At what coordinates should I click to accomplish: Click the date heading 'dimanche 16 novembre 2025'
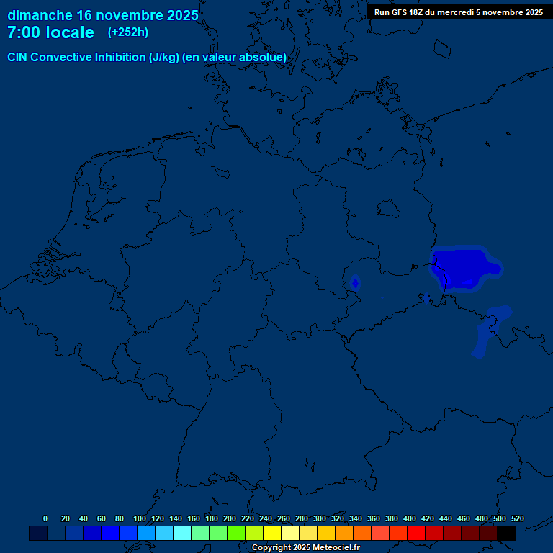tap(103, 15)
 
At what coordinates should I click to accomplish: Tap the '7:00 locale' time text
tap(50, 32)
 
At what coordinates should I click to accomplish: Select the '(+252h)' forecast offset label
tap(128, 32)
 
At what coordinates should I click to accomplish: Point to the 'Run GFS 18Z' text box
tap(459, 12)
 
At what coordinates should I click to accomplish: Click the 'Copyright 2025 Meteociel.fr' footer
tap(306, 547)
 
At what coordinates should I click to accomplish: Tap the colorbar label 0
tap(45, 518)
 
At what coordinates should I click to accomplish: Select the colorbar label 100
tap(140, 518)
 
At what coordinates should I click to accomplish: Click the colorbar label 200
tap(230, 518)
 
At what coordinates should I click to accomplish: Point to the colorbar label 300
tap(320, 518)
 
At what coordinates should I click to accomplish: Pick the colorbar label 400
tap(410, 518)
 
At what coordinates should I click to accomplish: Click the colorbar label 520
tap(517, 518)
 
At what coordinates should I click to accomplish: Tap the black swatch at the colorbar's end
tap(506, 533)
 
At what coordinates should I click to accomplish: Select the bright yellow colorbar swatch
tap(272, 533)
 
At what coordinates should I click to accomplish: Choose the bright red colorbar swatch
tap(416, 533)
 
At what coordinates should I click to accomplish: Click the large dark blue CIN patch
tap(461, 266)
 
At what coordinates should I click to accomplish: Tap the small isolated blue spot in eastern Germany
tap(355, 282)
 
